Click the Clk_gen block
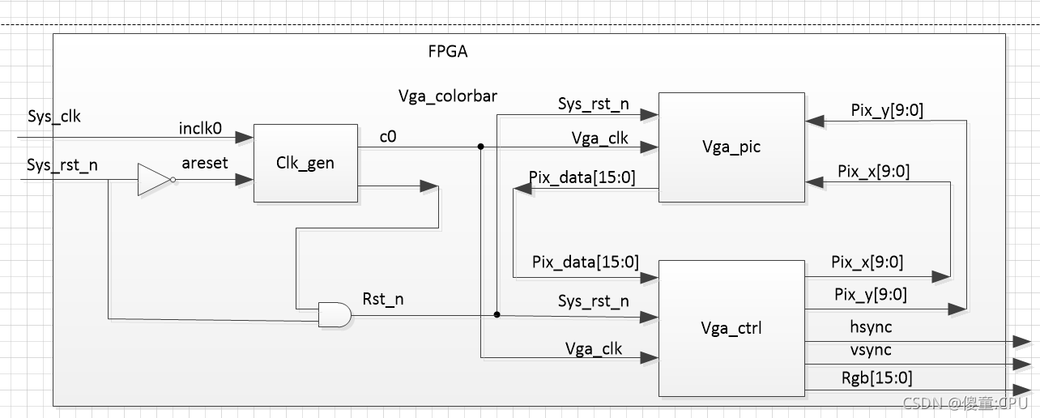[305, 163]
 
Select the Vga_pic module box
[731, 147]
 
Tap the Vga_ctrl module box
[731, 328]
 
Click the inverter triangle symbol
[154, 180]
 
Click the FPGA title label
[448, 53]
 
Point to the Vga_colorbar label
[448, 96]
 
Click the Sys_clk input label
[54, 117]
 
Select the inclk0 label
[200, 128]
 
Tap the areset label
[205, 164]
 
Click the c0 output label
[388, 137]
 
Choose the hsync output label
[871, 327]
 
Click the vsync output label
[871, 350]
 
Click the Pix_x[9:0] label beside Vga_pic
[873, 172]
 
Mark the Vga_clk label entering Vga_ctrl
[594, 348]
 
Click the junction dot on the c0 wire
[480, 147]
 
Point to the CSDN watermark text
[964, 403]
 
